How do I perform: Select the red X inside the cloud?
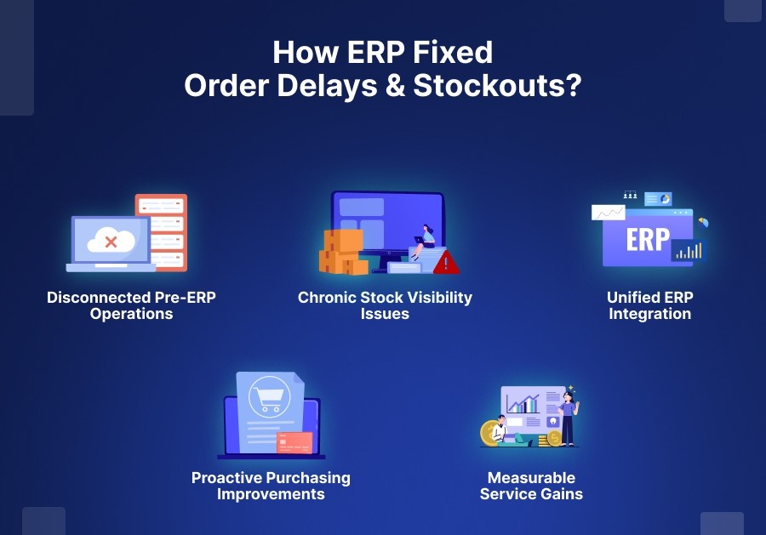[111, 242]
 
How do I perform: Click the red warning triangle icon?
[446, 263]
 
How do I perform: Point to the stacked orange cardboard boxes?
[342, 252]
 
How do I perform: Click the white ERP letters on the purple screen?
[648, 240]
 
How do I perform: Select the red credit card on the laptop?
[294, 442]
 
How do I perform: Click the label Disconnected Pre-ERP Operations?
[132, 305]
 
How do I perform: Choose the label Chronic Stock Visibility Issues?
[385, 305]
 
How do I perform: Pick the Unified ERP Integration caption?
[649, 305]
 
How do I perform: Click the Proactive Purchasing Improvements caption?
[271, 486]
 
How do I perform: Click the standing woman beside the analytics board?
[568, 417]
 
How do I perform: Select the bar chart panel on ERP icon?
[688, 250]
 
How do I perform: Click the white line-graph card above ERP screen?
[609, 212]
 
